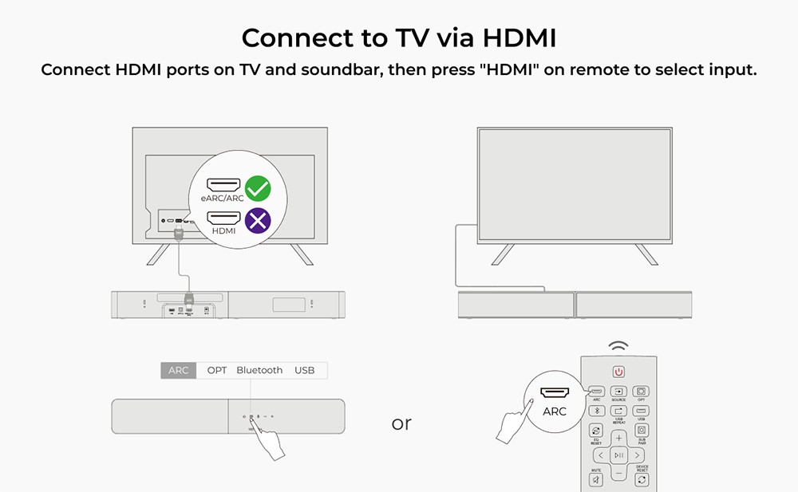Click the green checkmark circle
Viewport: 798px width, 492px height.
[257, 189]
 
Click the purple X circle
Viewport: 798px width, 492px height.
[257, 220]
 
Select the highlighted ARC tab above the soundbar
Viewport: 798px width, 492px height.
[178, 370]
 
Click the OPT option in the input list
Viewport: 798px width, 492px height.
[217, 370]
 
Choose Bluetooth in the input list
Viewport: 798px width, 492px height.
[259, 370]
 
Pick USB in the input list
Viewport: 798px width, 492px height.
[304, 370]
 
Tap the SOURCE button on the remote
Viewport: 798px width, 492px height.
[618, 392]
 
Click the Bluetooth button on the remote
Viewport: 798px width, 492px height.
[595, 411]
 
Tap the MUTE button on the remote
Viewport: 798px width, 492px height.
[595, 479]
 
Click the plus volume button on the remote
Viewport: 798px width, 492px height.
[618, 438]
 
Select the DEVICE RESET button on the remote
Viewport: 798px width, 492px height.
[642, 479]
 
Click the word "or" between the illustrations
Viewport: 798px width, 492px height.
[401, 423]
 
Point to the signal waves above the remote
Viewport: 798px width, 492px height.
[618, 346]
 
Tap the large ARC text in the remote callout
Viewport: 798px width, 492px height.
[554, 411]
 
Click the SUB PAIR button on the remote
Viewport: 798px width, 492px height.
[642, 431]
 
